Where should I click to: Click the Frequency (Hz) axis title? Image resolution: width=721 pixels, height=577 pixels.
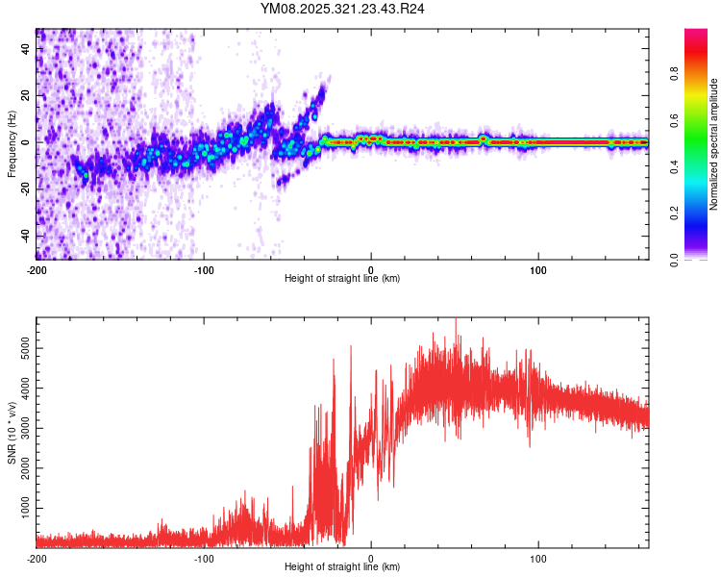click(x=12, y=145)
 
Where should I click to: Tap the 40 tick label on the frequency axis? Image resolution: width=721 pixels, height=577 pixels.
click(x=26, y=49)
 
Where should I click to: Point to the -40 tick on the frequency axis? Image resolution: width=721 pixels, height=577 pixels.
click(x=26, y=236)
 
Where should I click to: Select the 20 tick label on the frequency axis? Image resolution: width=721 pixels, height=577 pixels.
click(x=26, y=95)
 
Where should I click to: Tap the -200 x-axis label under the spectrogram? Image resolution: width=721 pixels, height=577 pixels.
click(x=36, y=269)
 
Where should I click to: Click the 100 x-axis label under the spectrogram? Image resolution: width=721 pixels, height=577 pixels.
click(x=538, y=269)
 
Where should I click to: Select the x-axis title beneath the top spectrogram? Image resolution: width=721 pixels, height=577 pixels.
click(x=342, y=278)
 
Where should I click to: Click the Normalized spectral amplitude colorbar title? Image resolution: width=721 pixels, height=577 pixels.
click(x=714, y=144)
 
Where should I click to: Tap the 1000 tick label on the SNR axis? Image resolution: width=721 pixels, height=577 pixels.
click(x=21, y=506)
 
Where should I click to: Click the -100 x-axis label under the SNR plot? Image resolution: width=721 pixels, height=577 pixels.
click(x=204, y=558)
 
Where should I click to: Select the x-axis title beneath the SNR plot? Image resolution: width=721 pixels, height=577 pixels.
click(x=342, y=566)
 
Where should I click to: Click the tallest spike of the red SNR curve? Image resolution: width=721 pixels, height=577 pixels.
click(x=456, y=318)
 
